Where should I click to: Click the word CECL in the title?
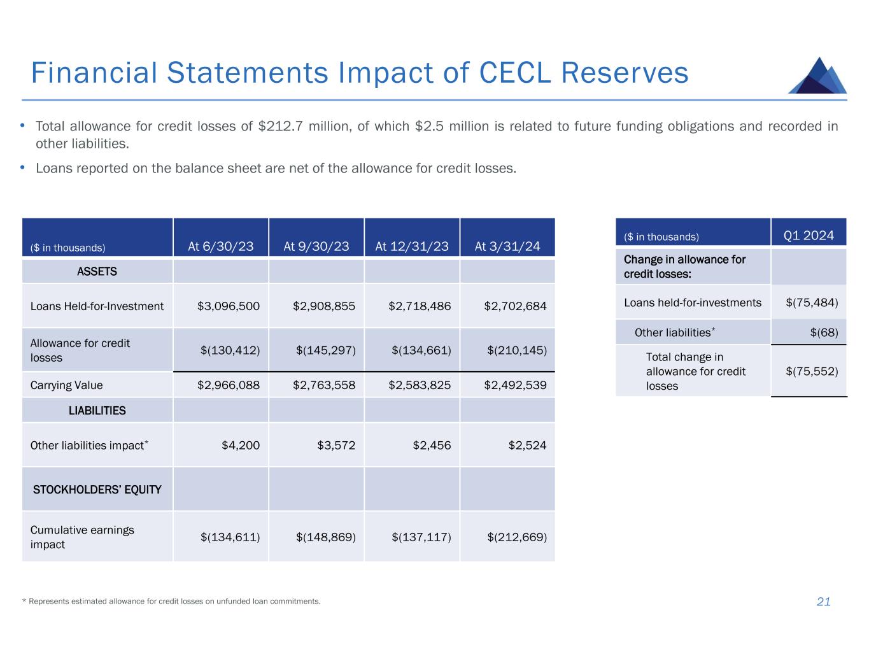click(x=514, y=73)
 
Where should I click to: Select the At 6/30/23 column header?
click(x=220, y=246)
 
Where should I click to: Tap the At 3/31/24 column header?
click(x=507, y=246)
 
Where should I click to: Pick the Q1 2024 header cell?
click(x=809, y=236)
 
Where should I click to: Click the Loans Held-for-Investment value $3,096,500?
click(x=229, y=306)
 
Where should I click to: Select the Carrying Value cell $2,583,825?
click(x=420, y=385)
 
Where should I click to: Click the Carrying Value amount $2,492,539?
click(x=515, y=385)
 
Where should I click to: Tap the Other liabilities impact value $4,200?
click(x=240, y=445)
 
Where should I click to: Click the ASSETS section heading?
click(x=97, y=272)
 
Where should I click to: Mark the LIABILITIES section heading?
click(x=97, y=411)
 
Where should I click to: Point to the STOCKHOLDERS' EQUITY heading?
click(x=97, y=490)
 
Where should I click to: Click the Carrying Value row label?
click(x=66, y=385)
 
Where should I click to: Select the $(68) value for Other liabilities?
click(x=824, y=332)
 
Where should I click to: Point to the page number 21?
click(x=823, y=602)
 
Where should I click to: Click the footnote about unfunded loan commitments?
click(x=171, y=601)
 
